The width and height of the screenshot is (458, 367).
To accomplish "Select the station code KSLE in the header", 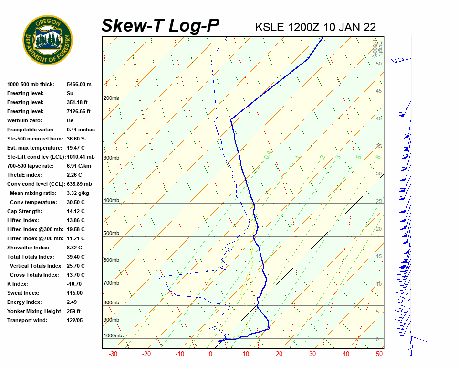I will tap(270, 27).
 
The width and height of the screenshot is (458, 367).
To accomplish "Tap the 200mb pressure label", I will tap(111, 98).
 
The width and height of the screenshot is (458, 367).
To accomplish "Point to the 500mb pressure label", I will tap(111, 234).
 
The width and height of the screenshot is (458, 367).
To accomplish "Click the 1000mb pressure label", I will tap(113, 336).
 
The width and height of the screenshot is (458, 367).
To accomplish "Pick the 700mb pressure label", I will tap(111, 283).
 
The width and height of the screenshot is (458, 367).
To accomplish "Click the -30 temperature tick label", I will tap(113, 354).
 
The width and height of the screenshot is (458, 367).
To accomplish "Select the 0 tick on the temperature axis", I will tap(210, 354).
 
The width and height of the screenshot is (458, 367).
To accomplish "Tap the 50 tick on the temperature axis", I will tap(379, 354).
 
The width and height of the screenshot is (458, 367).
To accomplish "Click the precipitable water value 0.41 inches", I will tap(81, 130).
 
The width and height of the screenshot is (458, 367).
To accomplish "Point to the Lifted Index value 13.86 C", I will tap(75, 220).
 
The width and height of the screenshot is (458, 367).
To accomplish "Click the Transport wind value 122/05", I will tap(75, 320).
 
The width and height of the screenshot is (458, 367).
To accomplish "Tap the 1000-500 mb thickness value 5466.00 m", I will tap(79, 84).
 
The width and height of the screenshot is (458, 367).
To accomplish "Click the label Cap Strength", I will tap(24, 211).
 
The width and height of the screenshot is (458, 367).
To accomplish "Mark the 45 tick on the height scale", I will tap(379, 91).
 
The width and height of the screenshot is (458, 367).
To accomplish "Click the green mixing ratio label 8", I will tap(377, 157).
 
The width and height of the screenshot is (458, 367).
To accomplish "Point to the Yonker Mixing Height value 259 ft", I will tap(73, 311).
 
